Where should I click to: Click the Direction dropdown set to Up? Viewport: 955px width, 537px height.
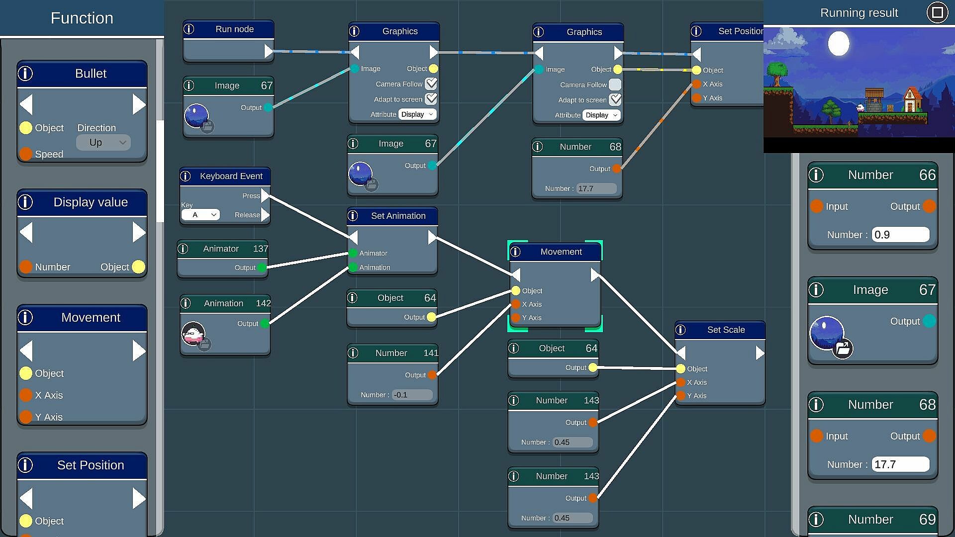point(103,143)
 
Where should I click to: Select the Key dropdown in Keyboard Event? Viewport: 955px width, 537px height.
point(200,215)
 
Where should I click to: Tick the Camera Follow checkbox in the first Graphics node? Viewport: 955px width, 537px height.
point(431,84)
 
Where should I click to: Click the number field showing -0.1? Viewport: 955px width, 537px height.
point(412,395)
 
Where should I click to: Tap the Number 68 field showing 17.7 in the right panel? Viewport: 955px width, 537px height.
point(900,464)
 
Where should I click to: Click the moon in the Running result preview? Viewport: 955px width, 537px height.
point(839,44)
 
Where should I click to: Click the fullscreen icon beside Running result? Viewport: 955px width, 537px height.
point(937,12)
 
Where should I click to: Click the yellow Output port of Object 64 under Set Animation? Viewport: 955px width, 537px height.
point(431,317)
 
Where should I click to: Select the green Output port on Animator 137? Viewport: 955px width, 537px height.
point(262,268)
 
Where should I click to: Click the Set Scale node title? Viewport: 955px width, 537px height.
point(726,330)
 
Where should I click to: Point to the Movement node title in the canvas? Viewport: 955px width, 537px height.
point(561,252)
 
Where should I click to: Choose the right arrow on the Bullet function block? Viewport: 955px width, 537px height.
point(139,104)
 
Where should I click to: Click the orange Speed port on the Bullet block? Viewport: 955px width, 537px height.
point(26,154)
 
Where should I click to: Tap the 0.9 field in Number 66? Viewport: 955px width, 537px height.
point(900,235)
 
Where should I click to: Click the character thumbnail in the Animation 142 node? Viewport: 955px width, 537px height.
point(194,333)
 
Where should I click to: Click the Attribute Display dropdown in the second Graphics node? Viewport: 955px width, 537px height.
point(601,115)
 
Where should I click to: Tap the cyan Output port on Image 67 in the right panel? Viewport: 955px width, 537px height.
point(929,321)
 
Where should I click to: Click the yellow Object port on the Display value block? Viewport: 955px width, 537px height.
point(139,267)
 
